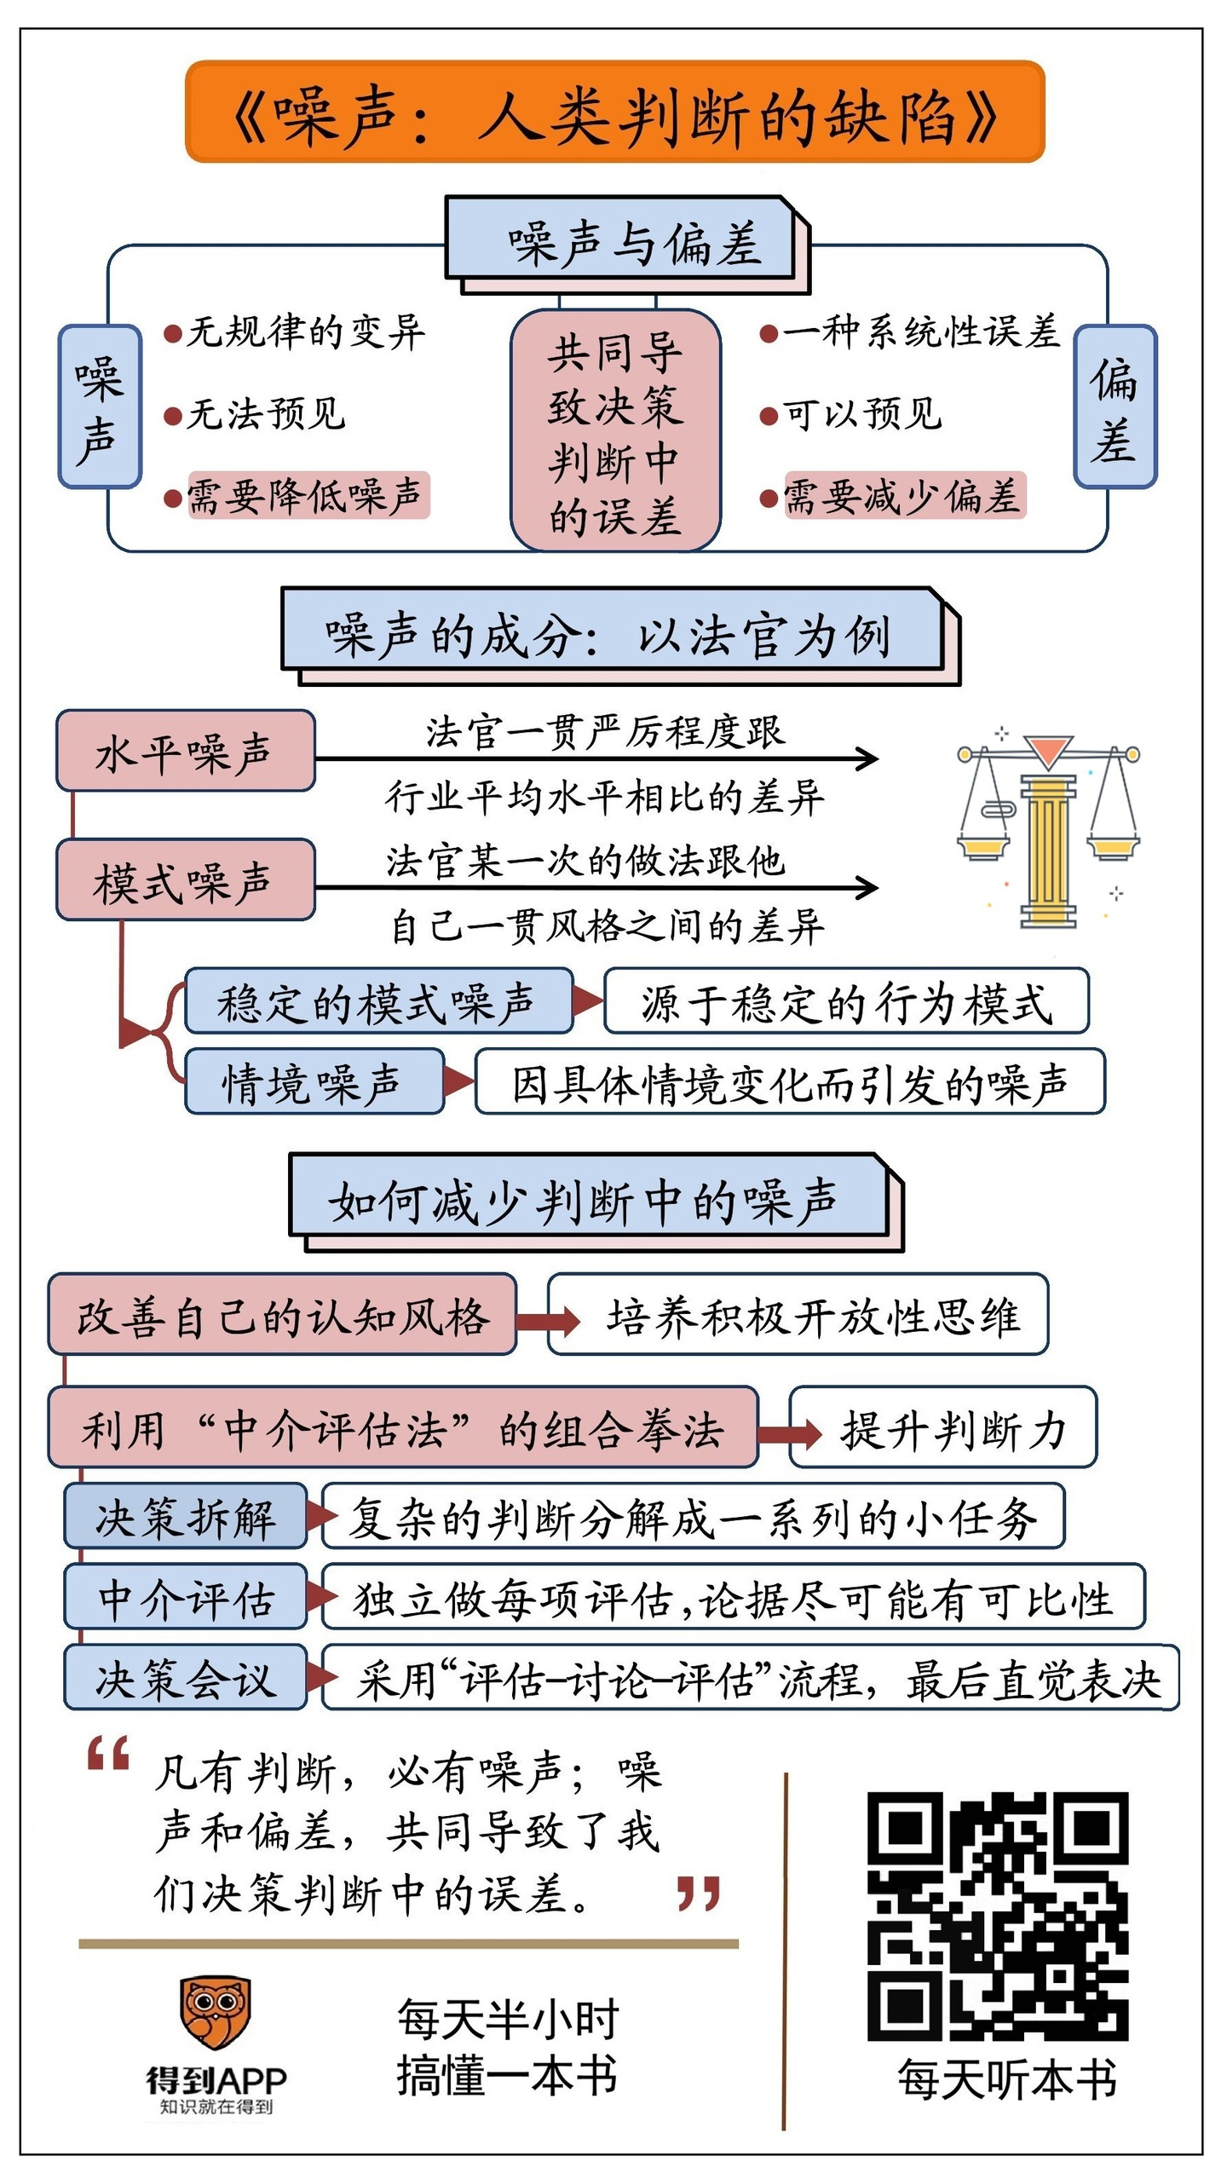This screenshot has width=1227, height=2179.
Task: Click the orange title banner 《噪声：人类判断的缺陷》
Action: pyautogui.click(x=614, y=112)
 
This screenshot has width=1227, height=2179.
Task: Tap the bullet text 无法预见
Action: pyautogui.click(x=265, y=414)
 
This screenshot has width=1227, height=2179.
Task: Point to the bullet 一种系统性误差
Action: pyautogui.click(x=920, y=331)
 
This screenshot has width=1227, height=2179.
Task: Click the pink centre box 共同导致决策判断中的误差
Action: pyautogui.click(x=615, y=431)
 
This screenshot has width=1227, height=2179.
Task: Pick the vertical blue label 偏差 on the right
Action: pyautogui.click(x=1115, y=407)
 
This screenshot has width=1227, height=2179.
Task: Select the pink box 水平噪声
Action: pyautogui.click(x=185, y=751)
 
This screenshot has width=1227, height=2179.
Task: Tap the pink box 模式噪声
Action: pyautogui.click(x=185, y=880)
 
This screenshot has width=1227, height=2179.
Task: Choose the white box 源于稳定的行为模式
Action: pyautogui.click(x=846, y=1001)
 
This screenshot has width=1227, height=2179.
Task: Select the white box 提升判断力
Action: pyautogui.click(x=943, y=1427)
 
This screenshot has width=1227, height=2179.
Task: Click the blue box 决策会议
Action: pyautogui.click(x=186, y=1677)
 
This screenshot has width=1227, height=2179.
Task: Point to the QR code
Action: pyautogui.click(x=998, y=1915)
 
